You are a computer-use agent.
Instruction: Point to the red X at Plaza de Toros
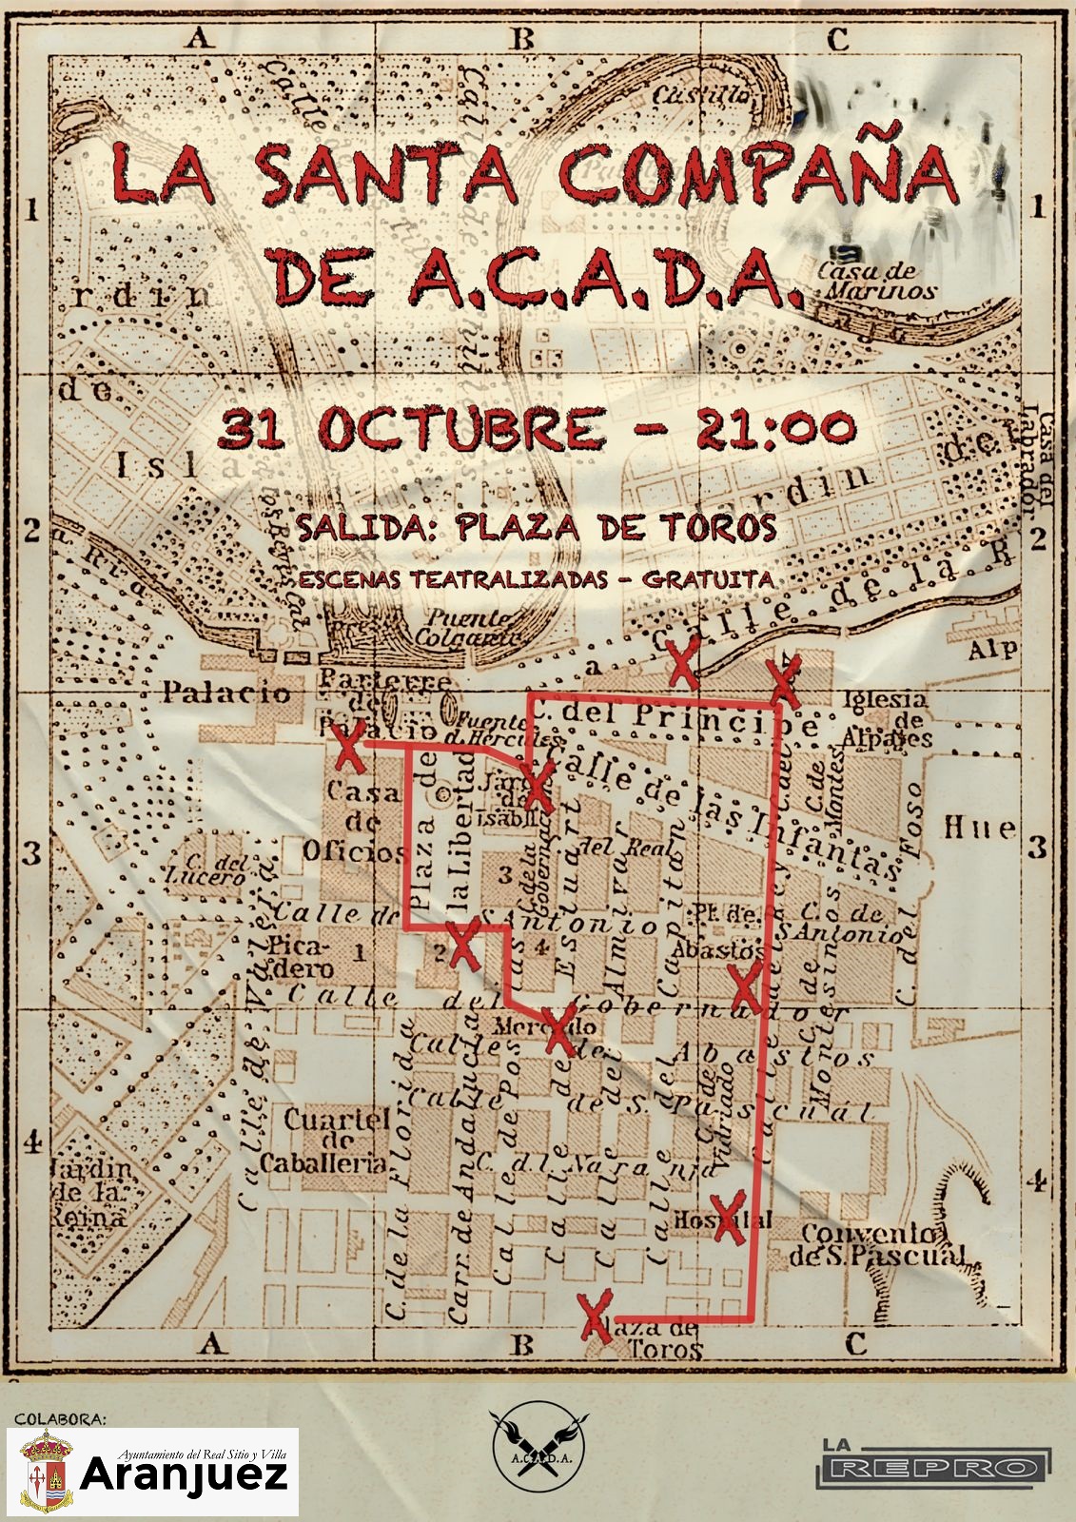coord(596,1317)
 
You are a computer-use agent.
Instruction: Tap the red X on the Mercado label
coord(560,1029)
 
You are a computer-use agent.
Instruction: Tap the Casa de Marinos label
coord(877,282)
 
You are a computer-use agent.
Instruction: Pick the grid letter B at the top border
coord(522,40)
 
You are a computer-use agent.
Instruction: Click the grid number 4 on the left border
coord(31,1141)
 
